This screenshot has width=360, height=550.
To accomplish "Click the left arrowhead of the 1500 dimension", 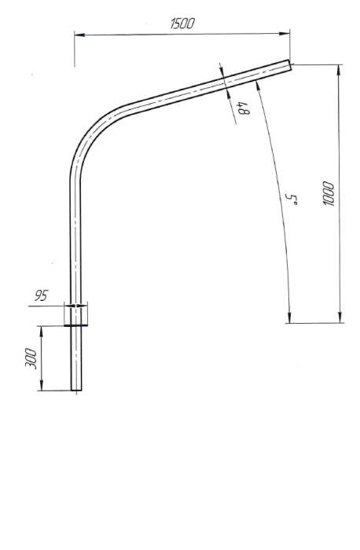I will (x=79, y=34).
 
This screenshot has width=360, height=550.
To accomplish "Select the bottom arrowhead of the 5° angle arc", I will (x=289, y=317).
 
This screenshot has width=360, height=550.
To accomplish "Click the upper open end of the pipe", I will (x=290, y=68).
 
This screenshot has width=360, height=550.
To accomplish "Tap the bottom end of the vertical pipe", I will (x=76, y=389).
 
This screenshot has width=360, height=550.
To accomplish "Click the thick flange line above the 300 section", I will (x=76, y=324).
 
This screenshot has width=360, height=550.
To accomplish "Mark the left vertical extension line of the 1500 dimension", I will (x=75, y=49).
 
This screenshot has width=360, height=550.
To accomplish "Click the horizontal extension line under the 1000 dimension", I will (x=314, y=322).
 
